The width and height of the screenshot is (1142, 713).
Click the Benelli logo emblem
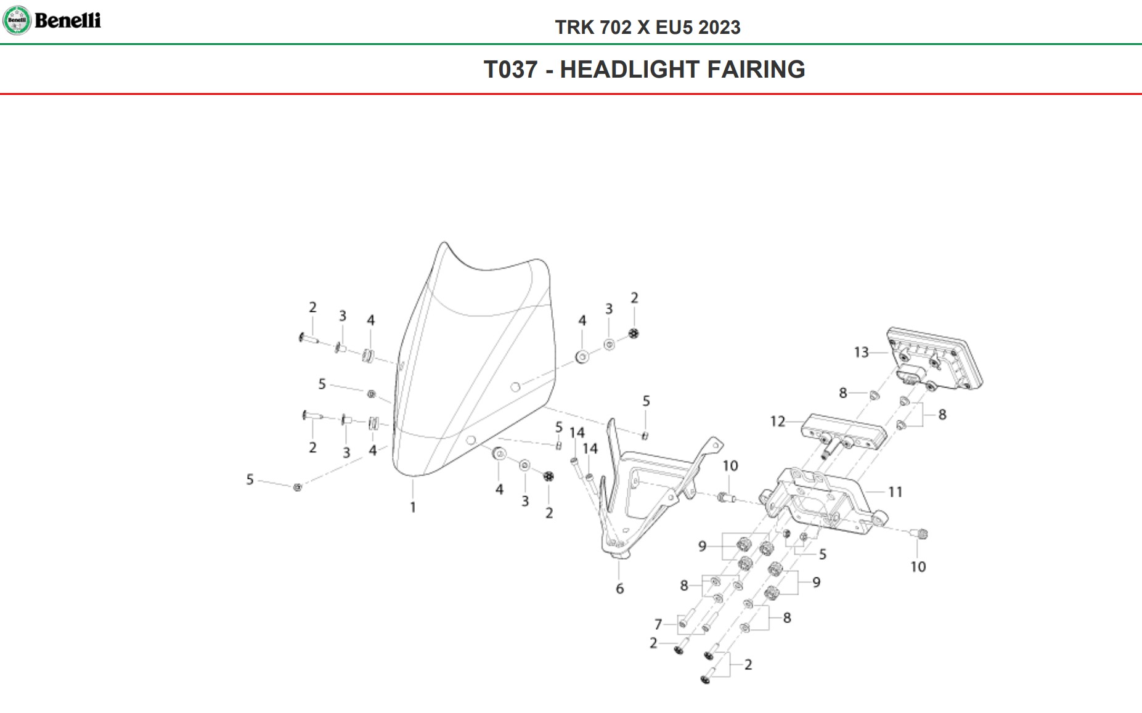(17, 20)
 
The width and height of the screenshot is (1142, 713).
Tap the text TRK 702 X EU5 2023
(647, 28)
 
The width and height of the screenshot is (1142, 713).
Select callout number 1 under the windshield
(413, 508)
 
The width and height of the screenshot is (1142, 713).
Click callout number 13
(861, 352)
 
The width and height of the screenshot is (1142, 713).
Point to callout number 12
(777, 422)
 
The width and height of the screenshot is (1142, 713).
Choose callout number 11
(895, 492)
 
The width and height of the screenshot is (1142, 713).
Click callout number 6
(619, 589)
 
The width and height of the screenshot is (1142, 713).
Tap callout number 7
(658, 625)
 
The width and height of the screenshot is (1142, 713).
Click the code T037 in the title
(510, 70)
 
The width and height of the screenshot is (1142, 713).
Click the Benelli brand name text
(68, 20)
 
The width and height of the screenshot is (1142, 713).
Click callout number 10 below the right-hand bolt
(918, 567)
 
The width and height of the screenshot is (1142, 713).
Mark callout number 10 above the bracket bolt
(730, 467)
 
